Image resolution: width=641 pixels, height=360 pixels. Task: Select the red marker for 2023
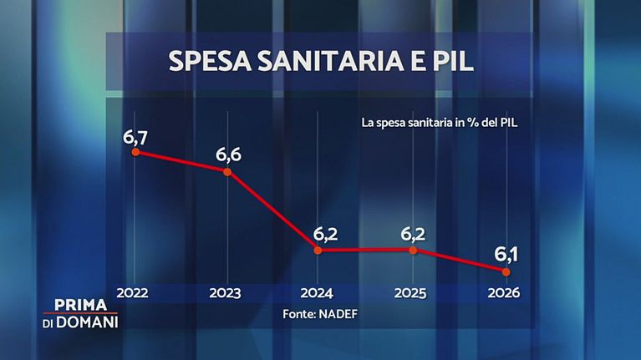[227, 171]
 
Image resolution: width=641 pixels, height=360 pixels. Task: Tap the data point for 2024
[318, 250]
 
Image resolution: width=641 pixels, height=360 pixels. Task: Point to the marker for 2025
[412, 250]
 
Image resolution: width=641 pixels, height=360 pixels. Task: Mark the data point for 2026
[505, 271]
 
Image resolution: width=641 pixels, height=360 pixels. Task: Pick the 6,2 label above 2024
[320, 231]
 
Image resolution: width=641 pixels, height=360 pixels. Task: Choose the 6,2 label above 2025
[414, 231]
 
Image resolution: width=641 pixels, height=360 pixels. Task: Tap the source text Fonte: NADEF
[318, 315]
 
